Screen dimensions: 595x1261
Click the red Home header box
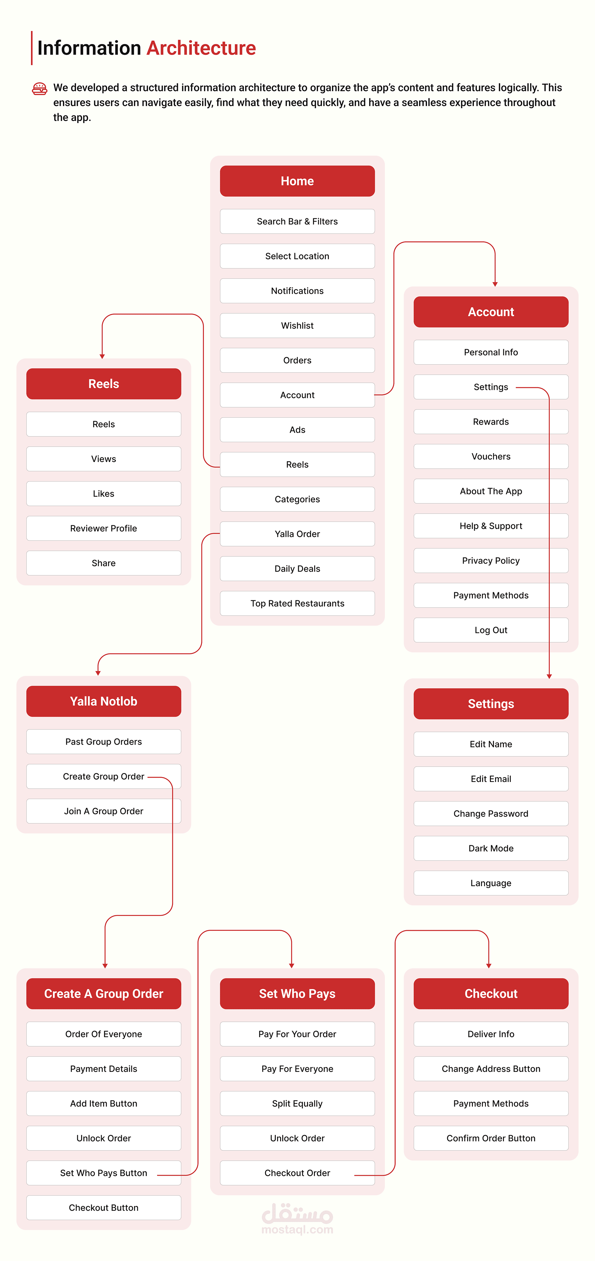(x=297, y=181)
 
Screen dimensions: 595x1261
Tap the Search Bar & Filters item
(x=297, y=221)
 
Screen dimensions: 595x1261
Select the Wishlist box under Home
(x=297, y=326)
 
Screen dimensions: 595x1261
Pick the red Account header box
(x=491, y=312)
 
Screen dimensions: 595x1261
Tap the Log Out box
(x=491, y=630)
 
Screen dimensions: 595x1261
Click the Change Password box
(x=491, y=814)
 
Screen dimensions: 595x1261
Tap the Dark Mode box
(x=491, y=848)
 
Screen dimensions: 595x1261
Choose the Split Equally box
(x=297, y=1103)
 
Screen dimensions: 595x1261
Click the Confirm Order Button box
(x=491, y=1138)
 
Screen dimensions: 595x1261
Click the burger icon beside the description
(x=40, y=89)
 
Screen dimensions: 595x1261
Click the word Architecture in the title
(x=201, y=48)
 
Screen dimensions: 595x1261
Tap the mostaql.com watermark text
(x=297, y=1230)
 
